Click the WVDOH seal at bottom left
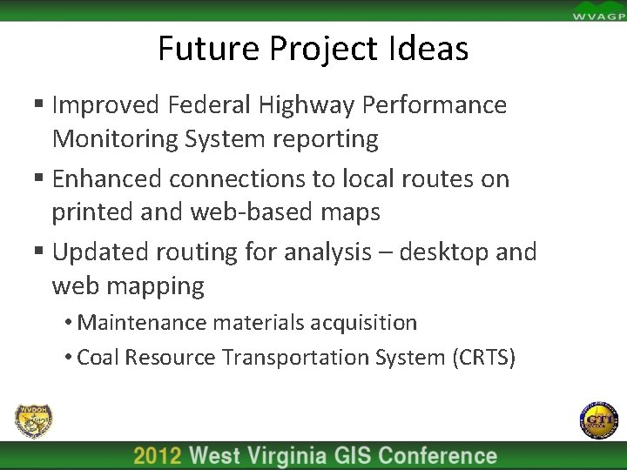pyautogui.click(x=33, y=421)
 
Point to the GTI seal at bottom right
pyautogui.click(x=597, y=421)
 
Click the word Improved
pyautogui.click(x=104, y=105)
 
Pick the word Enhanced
pyautogui.click(x=108, y=178)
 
